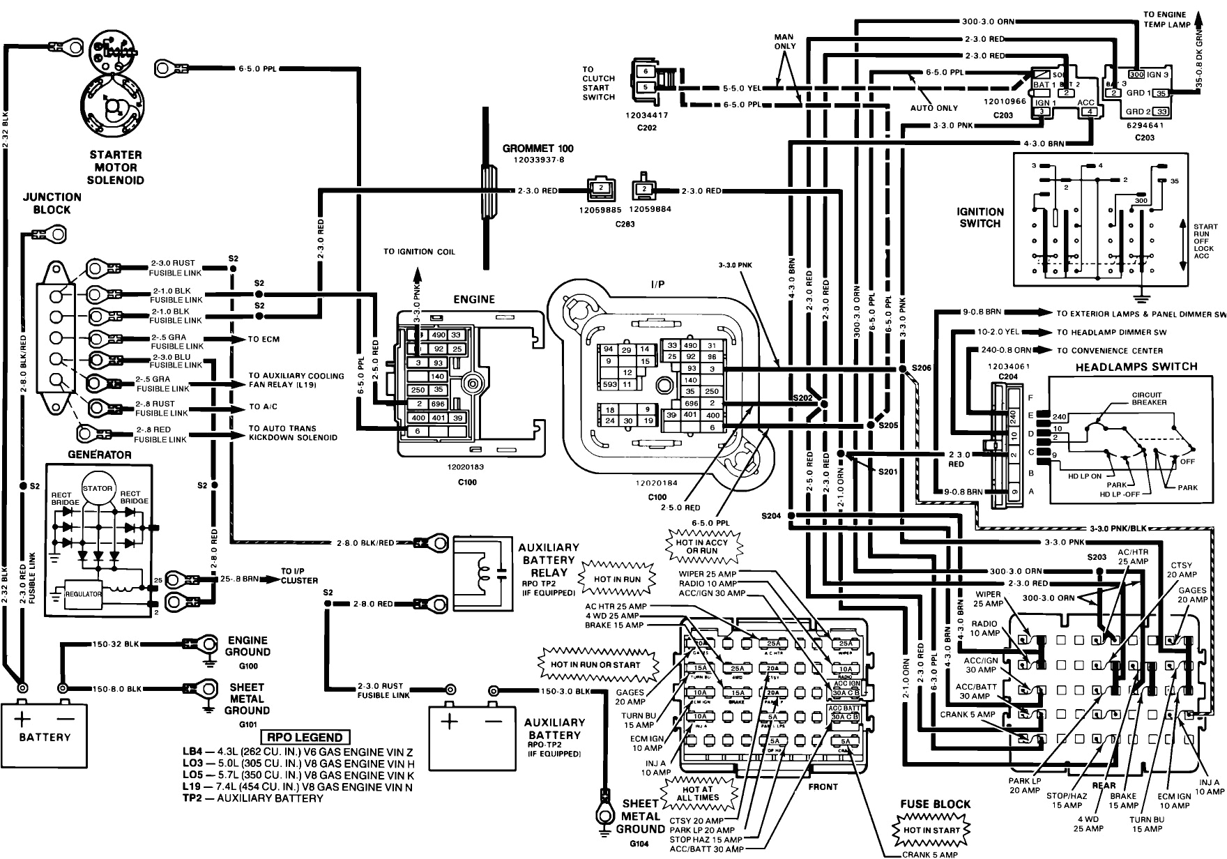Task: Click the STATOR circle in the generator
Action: (97, 488)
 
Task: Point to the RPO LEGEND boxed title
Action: (305, 737)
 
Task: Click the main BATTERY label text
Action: (45, 737)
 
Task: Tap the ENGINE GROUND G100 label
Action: (247, 646)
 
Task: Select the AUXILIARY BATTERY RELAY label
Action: (549, 560)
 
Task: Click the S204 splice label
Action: (772, 516)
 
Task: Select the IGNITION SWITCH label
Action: (980, 218)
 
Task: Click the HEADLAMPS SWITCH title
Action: (1136, 367)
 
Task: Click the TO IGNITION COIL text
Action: (418, 251)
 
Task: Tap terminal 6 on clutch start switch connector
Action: (646, 71)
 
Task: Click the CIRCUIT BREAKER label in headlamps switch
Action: (1149, 398)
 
